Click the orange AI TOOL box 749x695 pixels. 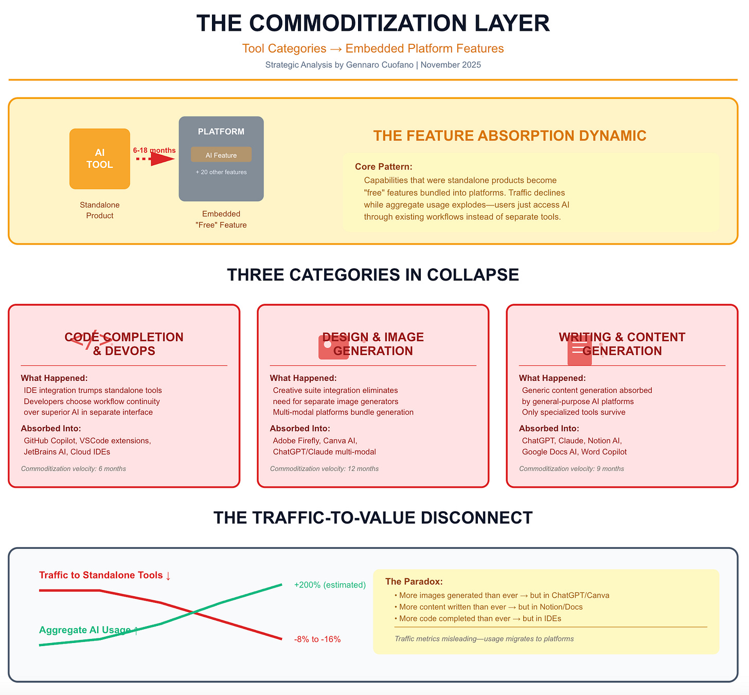(x=100, y=159)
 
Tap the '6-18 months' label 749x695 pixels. (x=154, y=150)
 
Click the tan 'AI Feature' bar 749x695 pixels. (x=221, y=155)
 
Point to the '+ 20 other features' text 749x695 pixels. (x=221, y=172)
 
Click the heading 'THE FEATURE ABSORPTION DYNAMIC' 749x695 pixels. (x=510, y=136)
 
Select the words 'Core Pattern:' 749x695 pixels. (x=384, y=167)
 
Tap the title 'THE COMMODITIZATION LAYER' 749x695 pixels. (x=373, y=24)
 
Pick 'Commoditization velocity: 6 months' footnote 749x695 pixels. (x=74, y=469)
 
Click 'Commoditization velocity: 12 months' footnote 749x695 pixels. (x=324, y=469)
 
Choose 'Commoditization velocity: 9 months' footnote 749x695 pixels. (x=572, y=469)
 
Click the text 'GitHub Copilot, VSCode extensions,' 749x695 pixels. (x=87, y=441)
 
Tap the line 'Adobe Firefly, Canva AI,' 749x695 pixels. (x=315, y=441)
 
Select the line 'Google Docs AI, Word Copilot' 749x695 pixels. (x=574, y=452)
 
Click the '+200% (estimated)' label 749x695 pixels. (x=330, y=585)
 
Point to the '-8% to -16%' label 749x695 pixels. (x=317, y=639)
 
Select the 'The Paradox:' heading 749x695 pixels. (x=414, y=582)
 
